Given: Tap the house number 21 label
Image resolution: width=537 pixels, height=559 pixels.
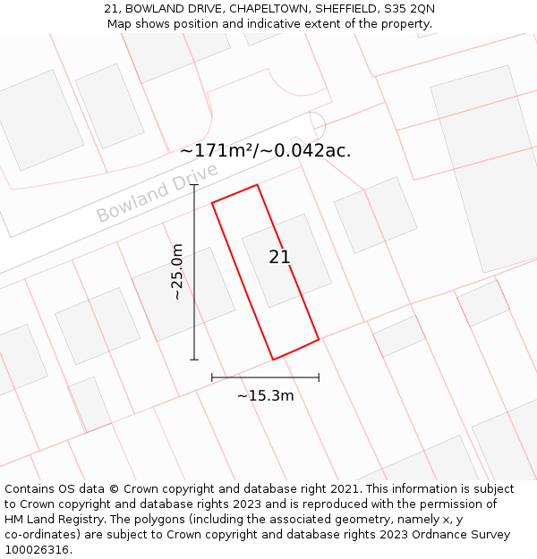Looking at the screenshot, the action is pos(279,257).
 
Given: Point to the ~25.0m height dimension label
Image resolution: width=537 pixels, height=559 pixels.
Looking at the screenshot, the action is pos(177,272).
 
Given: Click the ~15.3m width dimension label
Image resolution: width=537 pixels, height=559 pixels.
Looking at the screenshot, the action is pos(265,395).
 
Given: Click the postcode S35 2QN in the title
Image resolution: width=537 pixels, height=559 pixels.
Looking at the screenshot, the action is pos(410,9).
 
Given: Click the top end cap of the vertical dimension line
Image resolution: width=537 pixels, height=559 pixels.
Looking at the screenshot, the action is pos(194,185).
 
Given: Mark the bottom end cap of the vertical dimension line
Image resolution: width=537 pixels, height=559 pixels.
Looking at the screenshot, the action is pos(194,360).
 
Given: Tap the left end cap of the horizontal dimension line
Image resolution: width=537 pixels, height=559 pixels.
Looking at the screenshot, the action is pos(212,377).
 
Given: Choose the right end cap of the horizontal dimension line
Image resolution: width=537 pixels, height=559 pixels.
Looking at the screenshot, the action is pos(319,377).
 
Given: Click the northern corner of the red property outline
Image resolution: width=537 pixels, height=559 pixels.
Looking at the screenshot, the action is pos(258,185).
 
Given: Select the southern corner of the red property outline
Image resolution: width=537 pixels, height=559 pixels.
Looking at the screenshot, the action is pos(273,360).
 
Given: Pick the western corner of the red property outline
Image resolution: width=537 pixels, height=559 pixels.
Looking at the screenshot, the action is pos(212,203).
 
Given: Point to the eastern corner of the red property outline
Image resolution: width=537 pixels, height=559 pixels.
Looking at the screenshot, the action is pos(319,339).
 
